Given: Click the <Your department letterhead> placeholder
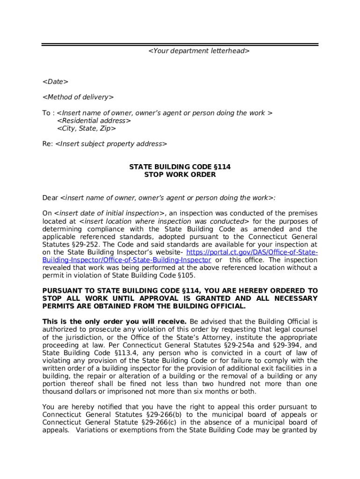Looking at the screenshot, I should [199, 51].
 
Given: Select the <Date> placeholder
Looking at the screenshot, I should [55, 82].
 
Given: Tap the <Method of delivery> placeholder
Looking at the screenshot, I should [78, 97].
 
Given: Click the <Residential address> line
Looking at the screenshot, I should [94, 121].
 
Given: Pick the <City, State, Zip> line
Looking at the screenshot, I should [86, 128].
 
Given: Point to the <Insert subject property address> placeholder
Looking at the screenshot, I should [111, 144].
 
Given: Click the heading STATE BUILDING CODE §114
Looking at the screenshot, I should [180, 167].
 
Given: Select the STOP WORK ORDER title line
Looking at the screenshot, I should [180, 174].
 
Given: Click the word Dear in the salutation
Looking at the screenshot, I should [50, 198].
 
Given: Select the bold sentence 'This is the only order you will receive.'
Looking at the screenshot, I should [115, 322].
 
